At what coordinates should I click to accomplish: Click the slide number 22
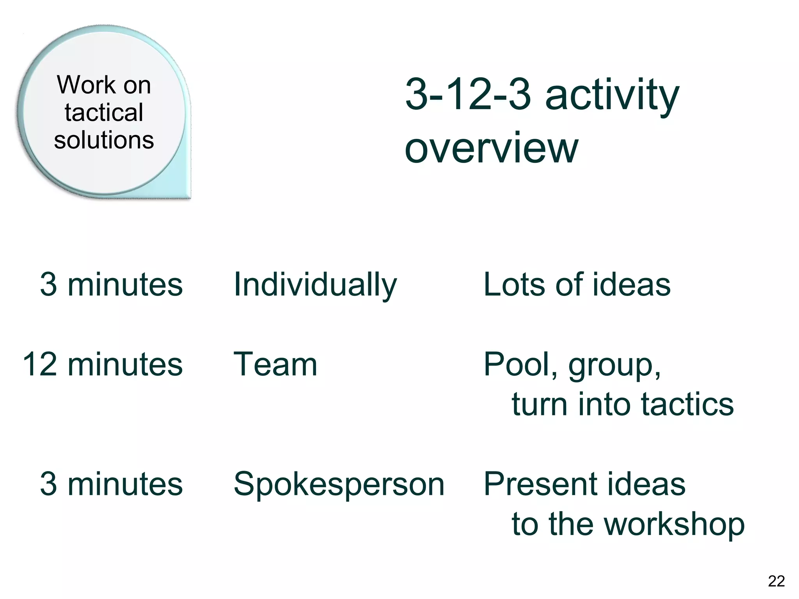pos(776,581)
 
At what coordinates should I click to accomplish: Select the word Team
pos(275,364)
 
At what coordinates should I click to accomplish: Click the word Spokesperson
pos(339,485)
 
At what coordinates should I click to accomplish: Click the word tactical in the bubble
pos(104,113)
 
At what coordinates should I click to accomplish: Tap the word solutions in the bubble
pos(104,140)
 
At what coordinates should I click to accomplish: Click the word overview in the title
pos(491,148)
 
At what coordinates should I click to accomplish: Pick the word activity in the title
pos(612,96)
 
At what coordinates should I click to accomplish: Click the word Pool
pos(517,364)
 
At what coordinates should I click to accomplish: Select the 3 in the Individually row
pos(48,284)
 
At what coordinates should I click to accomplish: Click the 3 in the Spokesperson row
pos(48,484)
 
